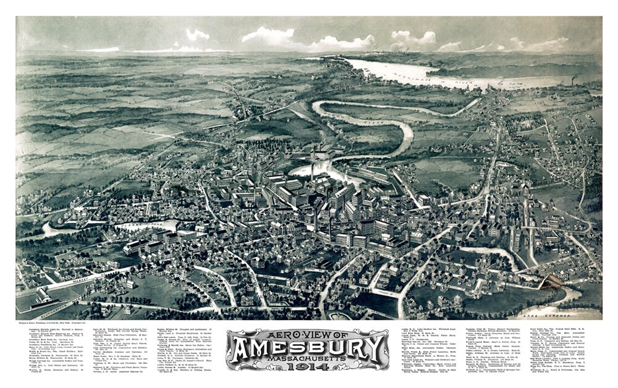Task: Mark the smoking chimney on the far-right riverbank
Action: coord(574,80)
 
